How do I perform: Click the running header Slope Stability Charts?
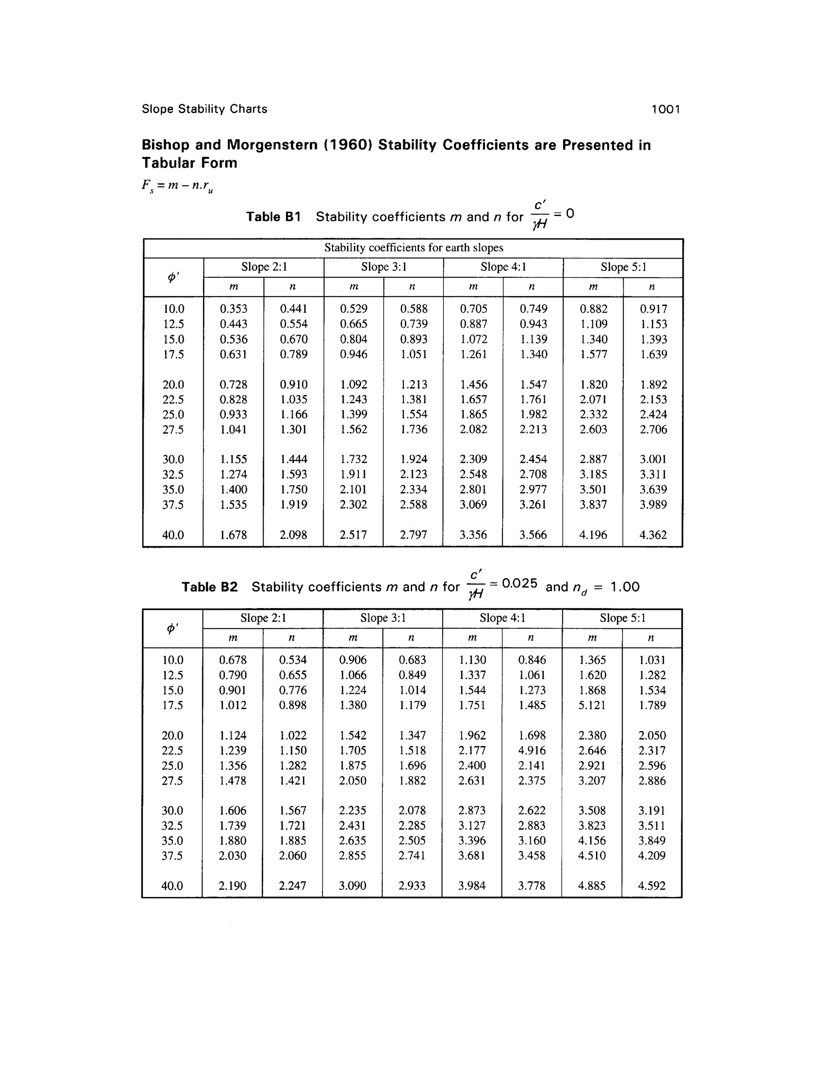tap(204, 109)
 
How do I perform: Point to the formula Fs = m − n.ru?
tap(178, 186)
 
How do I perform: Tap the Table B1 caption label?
tap(273, 217)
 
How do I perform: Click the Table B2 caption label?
tap(209, 587)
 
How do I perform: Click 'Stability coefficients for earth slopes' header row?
tap(414, 248)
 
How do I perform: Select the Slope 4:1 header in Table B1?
tap(503, 267)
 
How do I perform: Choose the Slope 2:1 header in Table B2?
tap(263, 618)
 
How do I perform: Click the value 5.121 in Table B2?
tap(592, 705)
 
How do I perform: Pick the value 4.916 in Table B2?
tap(532, 750)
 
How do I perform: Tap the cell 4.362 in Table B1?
tap(653, 535)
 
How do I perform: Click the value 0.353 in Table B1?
tap(233, 309)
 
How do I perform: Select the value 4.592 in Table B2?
tap(652, 886)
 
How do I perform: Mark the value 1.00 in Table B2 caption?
tap(625, 587)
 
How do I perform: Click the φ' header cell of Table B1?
tap(173, 277)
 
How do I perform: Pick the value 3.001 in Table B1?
tap(653, 459)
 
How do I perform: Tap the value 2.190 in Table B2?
tap(232, 886)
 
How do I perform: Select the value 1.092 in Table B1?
tap(353, 384)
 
